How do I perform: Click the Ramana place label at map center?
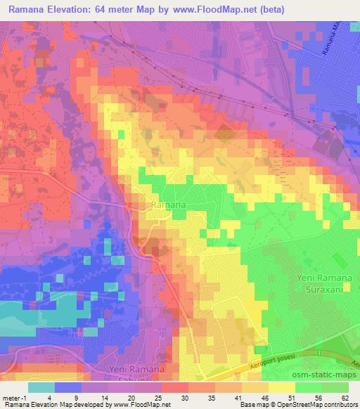(x=169, y=204)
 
